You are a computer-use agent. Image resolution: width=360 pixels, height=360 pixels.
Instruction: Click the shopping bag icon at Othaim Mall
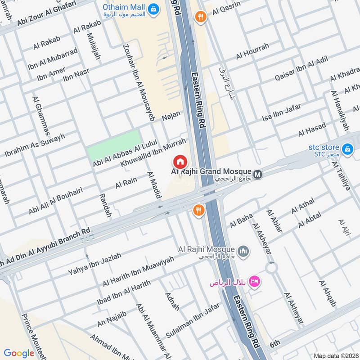[154, 9]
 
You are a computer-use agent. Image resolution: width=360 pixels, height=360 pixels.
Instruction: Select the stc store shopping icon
[346, 148]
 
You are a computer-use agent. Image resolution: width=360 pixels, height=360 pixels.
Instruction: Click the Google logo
[19, 353]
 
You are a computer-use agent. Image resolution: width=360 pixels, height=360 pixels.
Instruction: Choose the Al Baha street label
[242, 221]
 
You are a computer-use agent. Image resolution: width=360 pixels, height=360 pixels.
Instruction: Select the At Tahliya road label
[341, 176]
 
